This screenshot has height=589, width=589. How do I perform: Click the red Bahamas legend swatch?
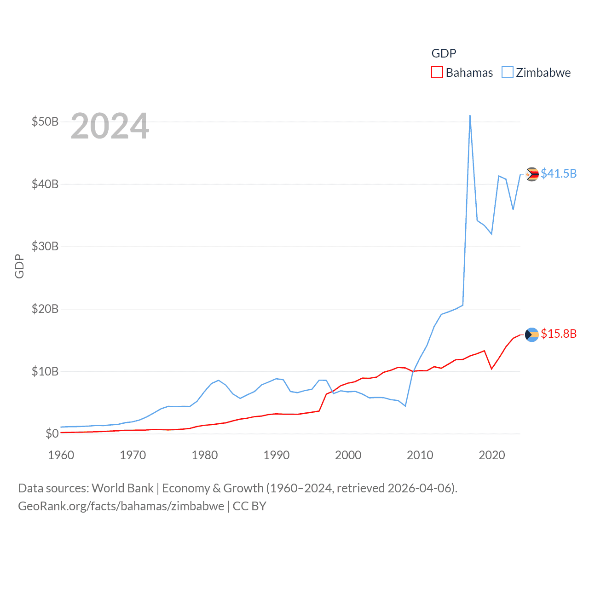tap(437, 73)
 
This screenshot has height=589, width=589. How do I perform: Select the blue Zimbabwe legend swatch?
tap(507, 73)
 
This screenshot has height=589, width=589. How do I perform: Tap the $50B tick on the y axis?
tap(45, 122)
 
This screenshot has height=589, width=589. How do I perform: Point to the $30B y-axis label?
tap(45, 247)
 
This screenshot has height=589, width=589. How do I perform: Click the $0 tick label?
tap(52, 433)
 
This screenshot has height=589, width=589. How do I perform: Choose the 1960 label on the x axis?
tap(61, 455)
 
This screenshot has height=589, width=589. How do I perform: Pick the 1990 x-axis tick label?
tap(277, 455)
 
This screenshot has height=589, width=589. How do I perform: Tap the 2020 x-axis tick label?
tap(492, 455)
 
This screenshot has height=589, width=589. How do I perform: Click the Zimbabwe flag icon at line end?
tap(532, 174)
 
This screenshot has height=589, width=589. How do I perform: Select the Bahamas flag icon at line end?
tap(532, 335)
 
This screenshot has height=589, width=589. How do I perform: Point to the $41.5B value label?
tap(559, 173)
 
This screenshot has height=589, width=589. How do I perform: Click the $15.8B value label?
tap(559, 334)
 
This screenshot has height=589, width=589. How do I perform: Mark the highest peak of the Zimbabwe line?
tap(470, 116)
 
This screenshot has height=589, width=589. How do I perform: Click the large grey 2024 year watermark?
tap(110, 126)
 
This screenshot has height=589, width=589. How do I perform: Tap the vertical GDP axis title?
tap(19, 266)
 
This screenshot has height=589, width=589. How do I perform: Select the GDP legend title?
tap(444, 53)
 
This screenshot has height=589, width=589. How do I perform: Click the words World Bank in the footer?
tap(123, 488)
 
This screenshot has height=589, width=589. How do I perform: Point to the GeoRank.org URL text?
tap(121, 506)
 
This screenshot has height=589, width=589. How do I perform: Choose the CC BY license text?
tap(249, 506)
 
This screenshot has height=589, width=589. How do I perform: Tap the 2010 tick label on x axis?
tap(420, 455)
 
